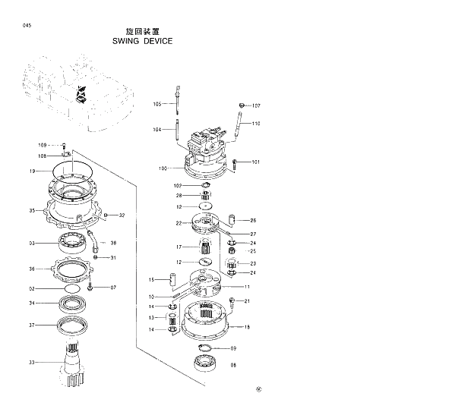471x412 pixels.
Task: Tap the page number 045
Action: click(x=27, y=27)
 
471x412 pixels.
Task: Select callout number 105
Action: click(x=158, y=104)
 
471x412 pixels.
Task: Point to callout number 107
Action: click(x=256, y=105)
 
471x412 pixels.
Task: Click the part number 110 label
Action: click(x=256, y=123)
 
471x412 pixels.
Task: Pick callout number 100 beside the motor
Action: click(x=163, y=168)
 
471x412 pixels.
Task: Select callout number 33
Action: click(x=33, y=363)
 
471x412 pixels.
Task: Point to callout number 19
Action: click(x=33, y=171)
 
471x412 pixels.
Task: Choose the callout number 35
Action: click(x=33, y=210)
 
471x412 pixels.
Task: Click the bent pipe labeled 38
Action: click(x=93, y=244)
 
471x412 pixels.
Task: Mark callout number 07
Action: click(x=113, y=288)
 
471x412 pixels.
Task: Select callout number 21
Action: click(x=247, y=301)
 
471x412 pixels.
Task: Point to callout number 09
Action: click(x=233, y=348)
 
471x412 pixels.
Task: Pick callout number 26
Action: click(x=253, y=220)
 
